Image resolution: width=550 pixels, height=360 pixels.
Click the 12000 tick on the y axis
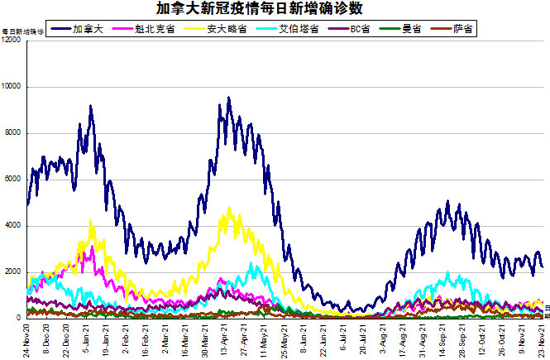pos(12,41)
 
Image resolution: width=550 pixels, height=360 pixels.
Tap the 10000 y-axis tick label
pos(12,87)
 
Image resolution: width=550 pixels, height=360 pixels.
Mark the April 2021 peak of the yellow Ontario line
pos(229,209)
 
